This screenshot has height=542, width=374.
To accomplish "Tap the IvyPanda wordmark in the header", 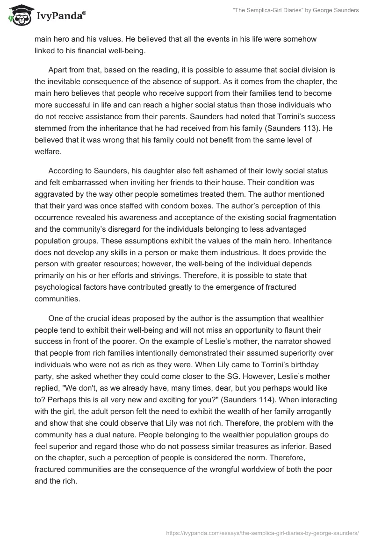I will point(61,16).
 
